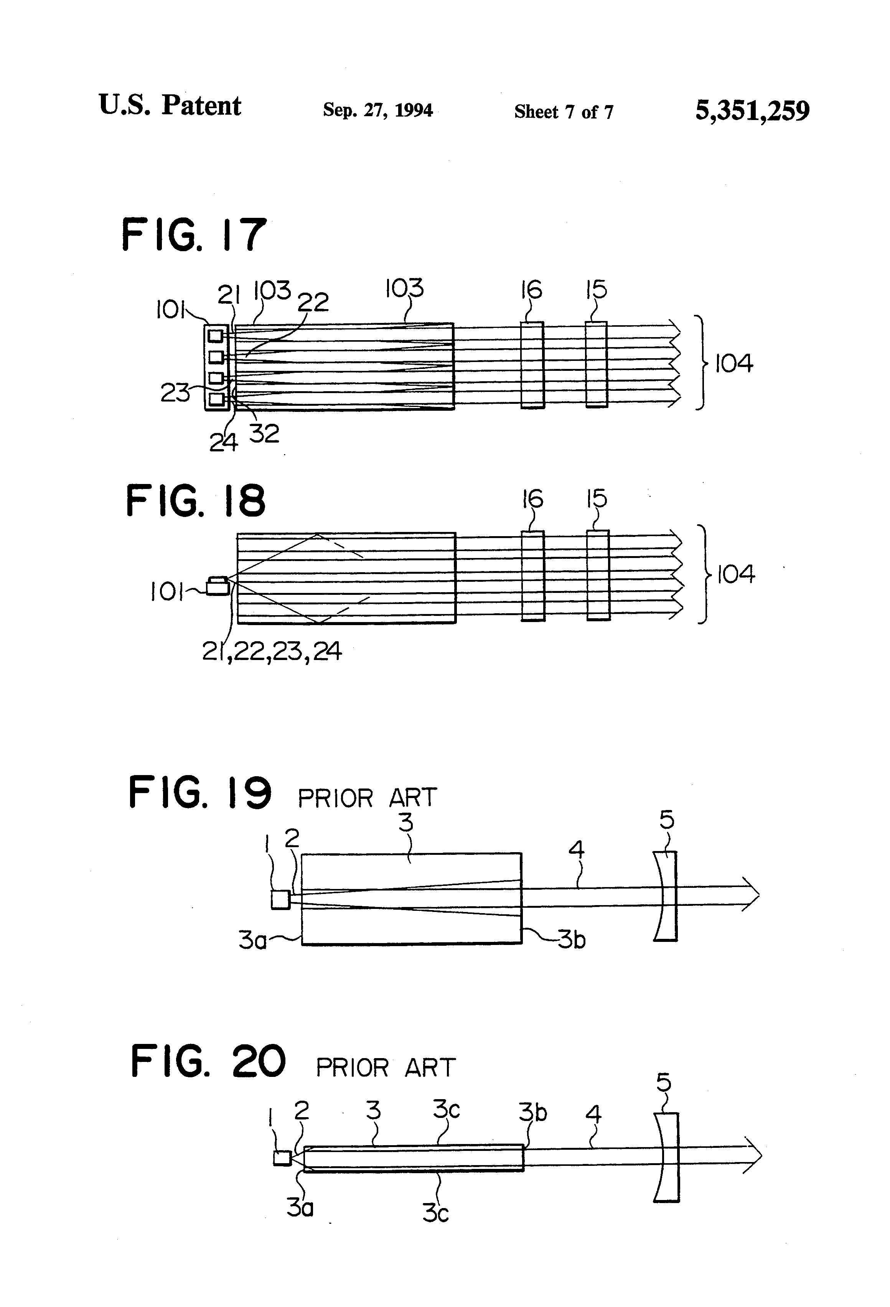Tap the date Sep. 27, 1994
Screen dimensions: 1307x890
coord(377,110)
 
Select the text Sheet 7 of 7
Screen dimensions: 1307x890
coord(563,112)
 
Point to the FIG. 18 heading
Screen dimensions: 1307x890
coord(195,501)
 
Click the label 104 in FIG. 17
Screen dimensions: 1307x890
coord(733,364)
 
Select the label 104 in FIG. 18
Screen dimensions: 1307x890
coord(735,574)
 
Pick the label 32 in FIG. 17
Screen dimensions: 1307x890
coord(264,434)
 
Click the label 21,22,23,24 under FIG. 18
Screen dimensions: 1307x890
coord(272,651)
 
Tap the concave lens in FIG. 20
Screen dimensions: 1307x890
coord(667,1157)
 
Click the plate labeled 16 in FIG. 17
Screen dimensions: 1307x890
coord(532,364)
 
